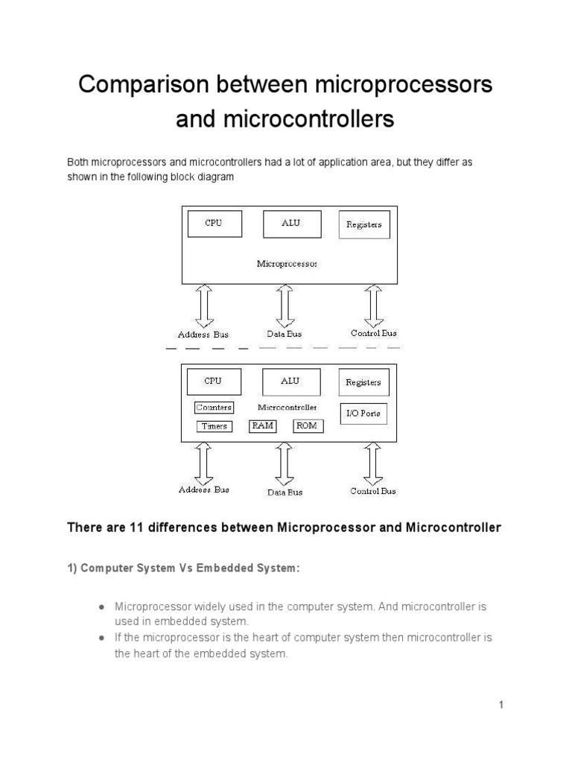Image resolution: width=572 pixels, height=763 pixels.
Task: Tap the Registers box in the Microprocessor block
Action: [363, 224]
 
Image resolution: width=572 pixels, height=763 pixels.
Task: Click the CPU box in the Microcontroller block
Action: [213, 381]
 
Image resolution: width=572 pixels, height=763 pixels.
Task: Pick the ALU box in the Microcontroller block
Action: [290, 381]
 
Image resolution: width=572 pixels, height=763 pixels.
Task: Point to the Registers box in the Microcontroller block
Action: [363, 382]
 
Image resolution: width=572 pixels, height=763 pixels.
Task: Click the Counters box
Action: [214, 408]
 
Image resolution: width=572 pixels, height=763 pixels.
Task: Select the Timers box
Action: [214, 427]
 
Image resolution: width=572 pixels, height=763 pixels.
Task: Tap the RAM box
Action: [262, 426]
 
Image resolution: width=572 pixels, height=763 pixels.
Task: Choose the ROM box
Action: [305, 426]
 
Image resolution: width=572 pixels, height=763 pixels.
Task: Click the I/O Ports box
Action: [363, 413]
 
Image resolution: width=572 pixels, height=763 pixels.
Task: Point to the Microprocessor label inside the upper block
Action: [287, 263]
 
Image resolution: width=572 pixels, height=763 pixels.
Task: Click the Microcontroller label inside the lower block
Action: [287, 408]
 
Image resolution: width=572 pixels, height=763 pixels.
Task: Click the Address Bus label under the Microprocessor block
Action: [203, 335]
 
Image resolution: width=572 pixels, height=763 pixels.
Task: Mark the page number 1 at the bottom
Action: [502, 705]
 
